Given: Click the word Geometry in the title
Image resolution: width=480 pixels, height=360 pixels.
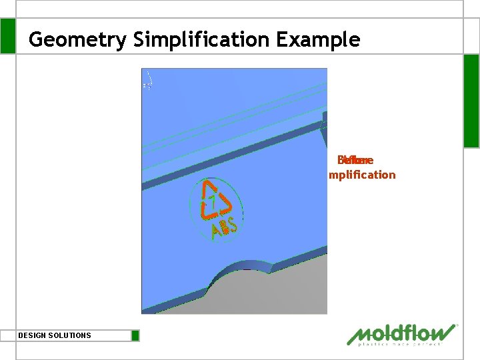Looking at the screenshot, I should [x=77, y=40].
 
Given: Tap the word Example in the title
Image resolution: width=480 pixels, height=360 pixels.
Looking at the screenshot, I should [x=318, y=40].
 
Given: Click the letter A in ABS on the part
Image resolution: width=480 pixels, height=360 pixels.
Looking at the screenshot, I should [x=216, y=233].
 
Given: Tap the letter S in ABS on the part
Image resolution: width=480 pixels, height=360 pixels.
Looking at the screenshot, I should [x=233, y=225].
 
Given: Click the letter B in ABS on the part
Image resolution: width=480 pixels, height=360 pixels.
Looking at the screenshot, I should [x=225, y=229].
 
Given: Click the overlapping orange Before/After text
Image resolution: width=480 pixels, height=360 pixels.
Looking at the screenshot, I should [x=355, y=160].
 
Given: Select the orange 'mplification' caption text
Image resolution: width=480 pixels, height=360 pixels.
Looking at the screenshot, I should [x=361, y=175].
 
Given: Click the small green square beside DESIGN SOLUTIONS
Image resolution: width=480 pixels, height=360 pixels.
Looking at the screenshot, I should [x=135, y=335].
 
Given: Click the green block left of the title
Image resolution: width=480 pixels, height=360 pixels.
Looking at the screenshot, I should [x=7, y=36].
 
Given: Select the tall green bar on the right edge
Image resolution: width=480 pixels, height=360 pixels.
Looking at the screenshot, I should [x=471, y=100].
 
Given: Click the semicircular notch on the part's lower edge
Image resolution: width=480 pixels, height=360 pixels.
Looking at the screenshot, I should [x=247, y=271].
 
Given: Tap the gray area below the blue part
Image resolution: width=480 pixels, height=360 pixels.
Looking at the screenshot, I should [x=280, y=293].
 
